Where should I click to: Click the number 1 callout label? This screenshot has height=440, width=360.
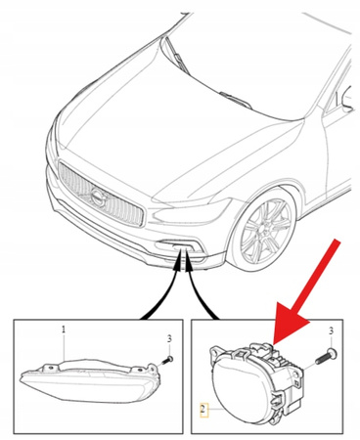pos(64,330)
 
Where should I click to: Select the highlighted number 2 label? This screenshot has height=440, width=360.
pos(203,409)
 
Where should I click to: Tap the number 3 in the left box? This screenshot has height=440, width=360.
pos(169,339)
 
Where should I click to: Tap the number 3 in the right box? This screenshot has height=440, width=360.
pos(332,331)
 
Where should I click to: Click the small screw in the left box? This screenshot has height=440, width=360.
pos(167,360)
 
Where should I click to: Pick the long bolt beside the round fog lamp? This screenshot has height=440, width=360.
pos(326,357)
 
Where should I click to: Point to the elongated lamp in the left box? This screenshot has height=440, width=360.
pos(90,379)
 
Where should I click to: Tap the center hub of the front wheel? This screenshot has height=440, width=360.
pos(263,231)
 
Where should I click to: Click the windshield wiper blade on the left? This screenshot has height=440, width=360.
pos(178,56)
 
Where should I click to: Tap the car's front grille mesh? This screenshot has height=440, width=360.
pos(101,195)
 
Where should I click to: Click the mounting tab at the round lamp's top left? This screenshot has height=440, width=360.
pos(214,351)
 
